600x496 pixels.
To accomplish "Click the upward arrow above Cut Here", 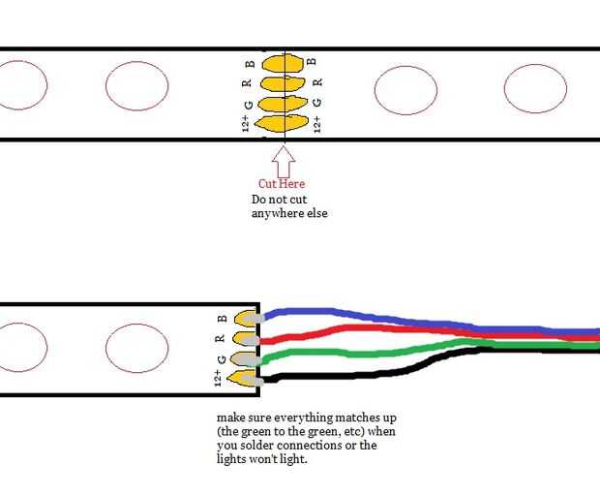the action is pos(284,162).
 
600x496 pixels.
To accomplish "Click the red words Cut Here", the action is pos(282,183).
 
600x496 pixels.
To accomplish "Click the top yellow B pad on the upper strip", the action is pos(283,63).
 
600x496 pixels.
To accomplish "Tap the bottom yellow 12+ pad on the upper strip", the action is pos(282,123).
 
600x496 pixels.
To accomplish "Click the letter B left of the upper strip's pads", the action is pos(250,63).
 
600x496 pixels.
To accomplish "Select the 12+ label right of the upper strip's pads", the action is pos(316,125).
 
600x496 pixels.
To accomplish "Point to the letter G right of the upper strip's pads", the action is pos(316,103).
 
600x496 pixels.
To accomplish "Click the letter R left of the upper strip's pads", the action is pos(247,82).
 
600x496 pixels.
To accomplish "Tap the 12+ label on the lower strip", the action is pos(218,378).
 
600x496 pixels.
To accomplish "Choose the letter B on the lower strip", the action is pos(222,319).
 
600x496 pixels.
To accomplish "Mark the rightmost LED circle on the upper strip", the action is pos(535,88).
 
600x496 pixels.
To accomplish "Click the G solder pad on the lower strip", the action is pos(245,358).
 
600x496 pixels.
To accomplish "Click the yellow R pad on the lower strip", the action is pos(247,338).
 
